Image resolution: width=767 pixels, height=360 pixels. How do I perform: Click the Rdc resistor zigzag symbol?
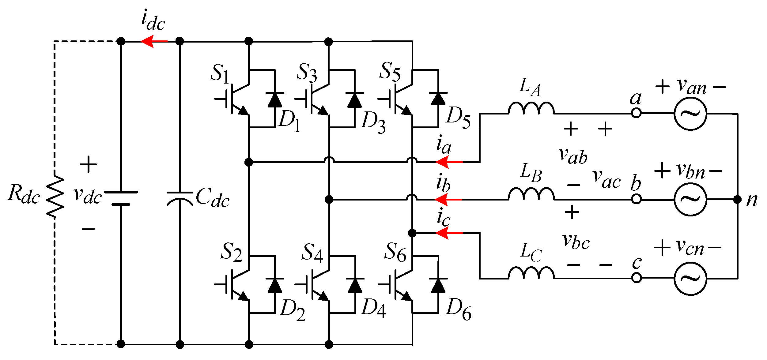click(x=55, y=197)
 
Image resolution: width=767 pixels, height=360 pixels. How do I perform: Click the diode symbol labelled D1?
click(x=275, y=99)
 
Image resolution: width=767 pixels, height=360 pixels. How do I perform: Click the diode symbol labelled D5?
click(x=438, y=99)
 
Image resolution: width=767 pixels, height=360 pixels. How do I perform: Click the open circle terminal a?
click(x=636, y=113)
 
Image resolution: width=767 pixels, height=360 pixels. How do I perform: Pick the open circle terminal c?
click(x=636, y=278)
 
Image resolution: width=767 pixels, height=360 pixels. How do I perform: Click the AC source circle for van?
click(x=690, y=114)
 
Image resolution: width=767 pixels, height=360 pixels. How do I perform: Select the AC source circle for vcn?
click(x=690, y=279)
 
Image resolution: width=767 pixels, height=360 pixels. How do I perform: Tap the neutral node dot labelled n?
click(x=738, y=200)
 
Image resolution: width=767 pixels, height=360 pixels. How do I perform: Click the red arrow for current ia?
click(x=449, y=162)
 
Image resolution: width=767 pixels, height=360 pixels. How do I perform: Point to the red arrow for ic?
click(x=449, y=233)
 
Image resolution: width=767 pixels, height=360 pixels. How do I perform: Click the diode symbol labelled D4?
click(x=355, y=285)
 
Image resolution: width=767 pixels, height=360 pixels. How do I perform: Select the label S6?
click(x=395, y=253)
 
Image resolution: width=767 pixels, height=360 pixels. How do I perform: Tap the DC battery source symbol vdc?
click(x=121, y=198)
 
